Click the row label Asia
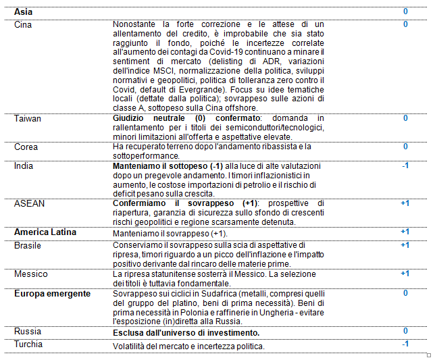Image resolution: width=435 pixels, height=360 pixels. tap(24, 12)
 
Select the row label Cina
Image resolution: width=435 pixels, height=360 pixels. tap(23, 24)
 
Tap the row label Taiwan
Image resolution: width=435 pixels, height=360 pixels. tap(28, 118)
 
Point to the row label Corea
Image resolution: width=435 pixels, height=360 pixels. tap(26, 147)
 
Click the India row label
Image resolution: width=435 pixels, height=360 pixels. tap(23, 165)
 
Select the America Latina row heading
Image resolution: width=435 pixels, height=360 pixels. tap(45, 232)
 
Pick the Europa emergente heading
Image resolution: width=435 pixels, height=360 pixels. tap(53, 293)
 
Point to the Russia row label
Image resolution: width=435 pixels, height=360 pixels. tap(27, 332)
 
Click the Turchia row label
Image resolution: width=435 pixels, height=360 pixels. tap(28, 344)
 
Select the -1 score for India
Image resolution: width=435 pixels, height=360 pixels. tap(405, 165)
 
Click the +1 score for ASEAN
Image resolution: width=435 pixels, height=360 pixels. tap(405, 203)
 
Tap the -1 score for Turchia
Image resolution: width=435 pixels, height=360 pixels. tap(405, 344)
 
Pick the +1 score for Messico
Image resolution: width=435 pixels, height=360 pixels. tap(405, 274)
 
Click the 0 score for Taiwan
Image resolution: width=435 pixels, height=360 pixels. tap(405, 118)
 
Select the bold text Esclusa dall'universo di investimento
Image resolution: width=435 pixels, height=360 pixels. tap(186, 333)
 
